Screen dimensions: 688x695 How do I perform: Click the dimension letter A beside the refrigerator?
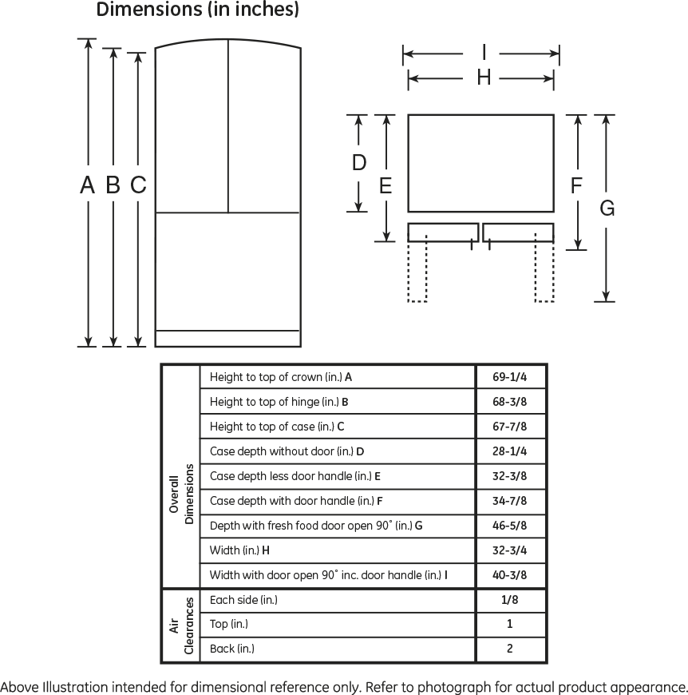87,185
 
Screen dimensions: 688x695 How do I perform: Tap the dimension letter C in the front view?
138,185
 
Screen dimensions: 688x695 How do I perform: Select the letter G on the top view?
607,208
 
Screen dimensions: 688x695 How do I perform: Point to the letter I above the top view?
484,52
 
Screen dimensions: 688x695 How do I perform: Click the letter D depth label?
359,162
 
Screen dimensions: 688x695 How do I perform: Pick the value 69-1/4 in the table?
509,377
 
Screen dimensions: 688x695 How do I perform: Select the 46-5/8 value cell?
509,526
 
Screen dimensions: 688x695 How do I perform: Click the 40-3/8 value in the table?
509,575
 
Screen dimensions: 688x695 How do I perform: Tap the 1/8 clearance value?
509,600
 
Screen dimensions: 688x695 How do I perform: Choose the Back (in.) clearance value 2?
509,649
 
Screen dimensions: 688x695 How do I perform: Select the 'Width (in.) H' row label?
239,550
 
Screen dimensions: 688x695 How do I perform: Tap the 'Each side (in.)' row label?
243,600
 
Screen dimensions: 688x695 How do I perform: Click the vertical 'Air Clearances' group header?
181,625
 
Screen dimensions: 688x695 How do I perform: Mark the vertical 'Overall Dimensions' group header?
181,494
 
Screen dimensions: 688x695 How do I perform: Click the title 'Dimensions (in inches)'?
197,10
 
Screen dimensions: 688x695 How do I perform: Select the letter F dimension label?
576,185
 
